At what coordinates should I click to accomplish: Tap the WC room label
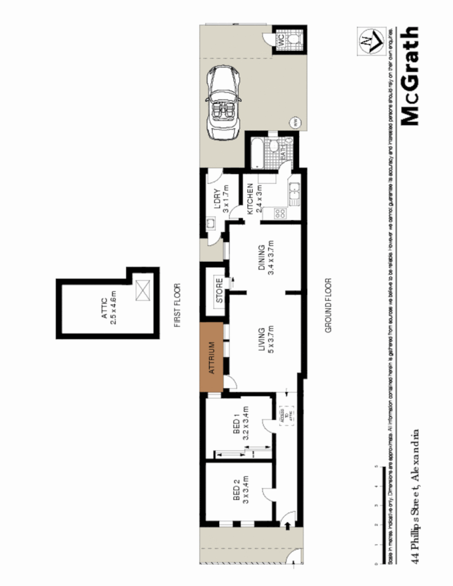280,40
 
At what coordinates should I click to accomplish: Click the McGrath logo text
410,76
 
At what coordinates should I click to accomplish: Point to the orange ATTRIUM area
212,357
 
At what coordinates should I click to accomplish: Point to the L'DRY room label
221,200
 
